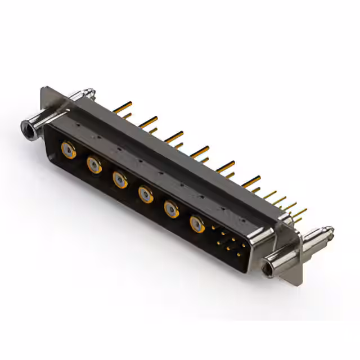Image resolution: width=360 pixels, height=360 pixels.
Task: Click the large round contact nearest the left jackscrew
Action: tap(69, 151)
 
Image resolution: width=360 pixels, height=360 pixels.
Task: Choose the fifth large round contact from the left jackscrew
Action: tap(172, 210)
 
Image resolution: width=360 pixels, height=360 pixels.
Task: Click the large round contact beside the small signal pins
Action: tap(197, 224)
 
